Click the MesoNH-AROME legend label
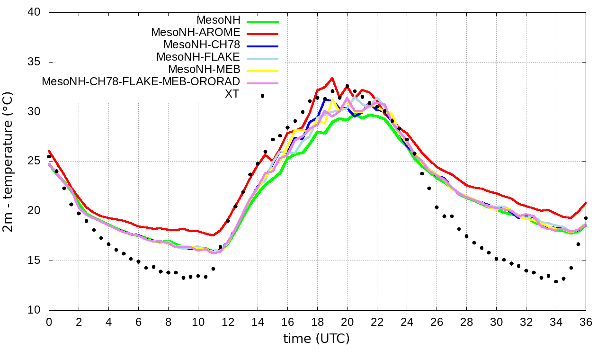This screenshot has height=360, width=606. pyautogui.click(x=196, y=32)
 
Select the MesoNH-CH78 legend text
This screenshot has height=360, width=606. pyautogui.click(x=202, y=45)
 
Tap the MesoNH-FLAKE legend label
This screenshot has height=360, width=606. pyautogui.click(x=198, y=57)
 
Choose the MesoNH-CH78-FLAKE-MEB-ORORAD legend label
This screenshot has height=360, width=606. pyautogui.click(x=141, y=81)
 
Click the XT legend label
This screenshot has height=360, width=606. pyautogui.click(x=232, y=94)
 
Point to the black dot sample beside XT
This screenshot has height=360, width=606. pyautogui.click(x=262, y=96)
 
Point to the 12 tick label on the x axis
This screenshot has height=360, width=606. pyautogui.click(x=228, y=321)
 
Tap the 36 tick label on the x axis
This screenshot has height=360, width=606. pyautogui.click(x=586, y=321)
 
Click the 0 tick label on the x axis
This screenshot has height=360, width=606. pyautogui.click(x=49, y=321)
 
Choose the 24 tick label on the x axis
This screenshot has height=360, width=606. pyautogui.click(x=407, y=321)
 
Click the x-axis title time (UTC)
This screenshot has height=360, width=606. pyautogui.click(x=316, y=339)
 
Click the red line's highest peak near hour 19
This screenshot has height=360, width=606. pyautogui.click(x=332, y=78)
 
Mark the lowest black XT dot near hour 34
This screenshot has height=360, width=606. pyautogui.click(x=556, y=281)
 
